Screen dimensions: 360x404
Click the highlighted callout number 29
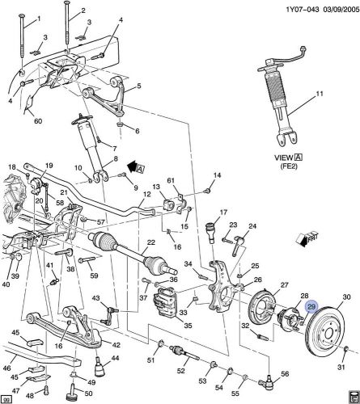pos(311,307)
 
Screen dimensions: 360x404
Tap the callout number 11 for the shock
pos(320,95)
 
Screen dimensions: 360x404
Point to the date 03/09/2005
pos(340,10)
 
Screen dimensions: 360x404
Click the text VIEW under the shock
pos(284,158)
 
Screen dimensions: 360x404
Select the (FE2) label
pos(289,166)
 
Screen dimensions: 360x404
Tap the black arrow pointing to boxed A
pos(132,166)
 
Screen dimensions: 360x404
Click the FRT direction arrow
pos(307,239)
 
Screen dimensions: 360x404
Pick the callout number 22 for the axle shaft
pos(151,242)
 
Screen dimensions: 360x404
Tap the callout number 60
pos(38,121)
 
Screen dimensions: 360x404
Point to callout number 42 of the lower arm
pos(116,345)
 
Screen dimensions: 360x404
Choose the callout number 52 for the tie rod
pos(181,371)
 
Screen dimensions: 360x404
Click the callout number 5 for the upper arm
pos(139,86)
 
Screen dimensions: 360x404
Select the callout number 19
pos(49,166)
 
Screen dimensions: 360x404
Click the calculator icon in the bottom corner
pos(353,397)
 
